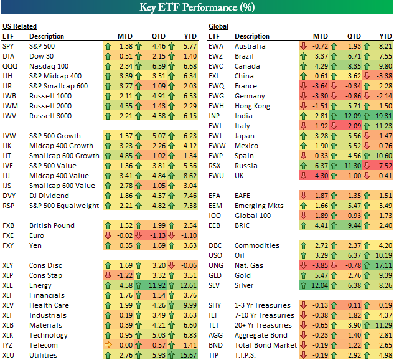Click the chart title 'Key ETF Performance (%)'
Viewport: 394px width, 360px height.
[197, 8]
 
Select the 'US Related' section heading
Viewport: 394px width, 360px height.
[19, 26]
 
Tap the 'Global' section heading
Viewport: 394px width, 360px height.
[218, 26]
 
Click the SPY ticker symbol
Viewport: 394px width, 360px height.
[9, 46]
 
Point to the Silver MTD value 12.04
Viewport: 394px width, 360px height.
[319, 285]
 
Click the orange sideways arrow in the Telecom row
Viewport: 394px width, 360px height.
[107, 345]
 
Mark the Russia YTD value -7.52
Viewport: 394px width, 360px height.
[384, 166]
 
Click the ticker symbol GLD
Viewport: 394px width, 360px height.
[215, 275]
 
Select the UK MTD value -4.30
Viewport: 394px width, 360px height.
[319, 176]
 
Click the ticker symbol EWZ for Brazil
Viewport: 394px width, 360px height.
[216, 56]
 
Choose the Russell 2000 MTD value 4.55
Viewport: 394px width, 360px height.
[124, 106]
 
